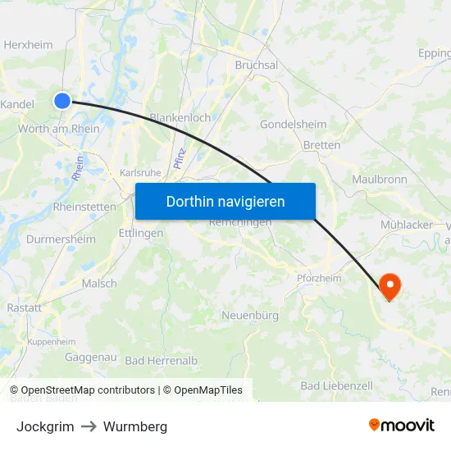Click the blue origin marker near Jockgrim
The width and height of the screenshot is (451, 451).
(x=63, y=101)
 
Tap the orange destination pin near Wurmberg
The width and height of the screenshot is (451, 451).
(x=389, y=285)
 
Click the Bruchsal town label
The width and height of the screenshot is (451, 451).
(x=257, y=65)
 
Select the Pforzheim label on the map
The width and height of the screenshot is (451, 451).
(x=318, y=278)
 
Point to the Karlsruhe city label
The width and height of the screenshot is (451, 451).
(x=140, y=173)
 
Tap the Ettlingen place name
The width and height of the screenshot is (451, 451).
(x=141, y=233)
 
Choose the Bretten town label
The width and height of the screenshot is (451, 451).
(x=321, y=145)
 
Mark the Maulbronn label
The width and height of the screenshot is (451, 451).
(x=379, y=179)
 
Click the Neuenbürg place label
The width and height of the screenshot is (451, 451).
(x=250, y=315)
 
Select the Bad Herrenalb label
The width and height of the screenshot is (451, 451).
(x=162, y=360)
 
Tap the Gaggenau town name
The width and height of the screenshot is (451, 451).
(x=91, y=358)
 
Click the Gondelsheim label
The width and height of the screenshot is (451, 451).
(x=293, y=125)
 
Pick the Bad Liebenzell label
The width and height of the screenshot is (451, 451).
(x=336, y=385)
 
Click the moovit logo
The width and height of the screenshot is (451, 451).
(x=402, y=426)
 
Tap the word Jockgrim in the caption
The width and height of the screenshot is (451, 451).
(x=45, y=426)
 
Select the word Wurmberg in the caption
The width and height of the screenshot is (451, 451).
(x=135, y=426)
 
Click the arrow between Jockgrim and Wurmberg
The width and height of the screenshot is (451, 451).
(x=89, y=426)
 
